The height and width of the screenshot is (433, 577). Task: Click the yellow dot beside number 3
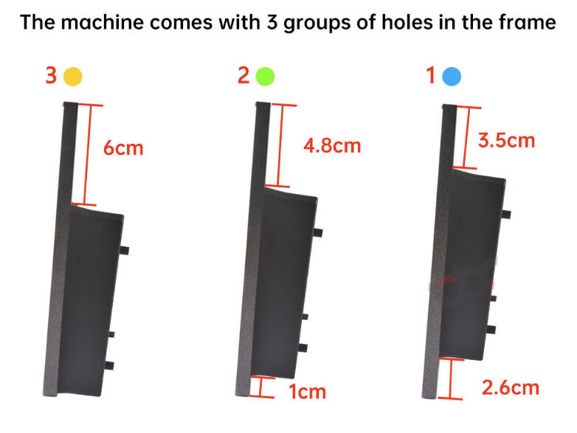[x=72, y=77]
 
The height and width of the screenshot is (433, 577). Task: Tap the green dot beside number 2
[x=265, y=77]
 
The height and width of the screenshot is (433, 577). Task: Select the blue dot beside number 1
[x=451, y=77]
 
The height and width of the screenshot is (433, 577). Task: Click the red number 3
[x=51, y=75]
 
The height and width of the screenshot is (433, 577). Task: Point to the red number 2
[x=243, y=75]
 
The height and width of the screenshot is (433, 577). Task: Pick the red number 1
[x=431, y=75]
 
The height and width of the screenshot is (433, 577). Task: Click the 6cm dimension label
[x=123, y=148]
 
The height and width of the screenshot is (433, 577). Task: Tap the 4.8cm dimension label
[x=332, y=145]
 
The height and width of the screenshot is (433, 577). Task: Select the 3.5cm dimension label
[x=506, y=141]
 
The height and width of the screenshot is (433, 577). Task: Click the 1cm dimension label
[x=308, y=392]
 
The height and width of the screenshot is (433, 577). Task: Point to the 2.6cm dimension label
[x=511, y=388]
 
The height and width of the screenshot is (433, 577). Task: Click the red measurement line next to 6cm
[x=88, y=155]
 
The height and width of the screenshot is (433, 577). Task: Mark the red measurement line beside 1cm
[x=262, y=387]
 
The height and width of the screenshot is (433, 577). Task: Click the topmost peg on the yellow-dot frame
[x=124, y=250]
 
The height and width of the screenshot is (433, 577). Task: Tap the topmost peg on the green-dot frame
[x=318, y=232]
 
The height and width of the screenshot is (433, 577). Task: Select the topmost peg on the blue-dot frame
[x=506, y=214]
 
